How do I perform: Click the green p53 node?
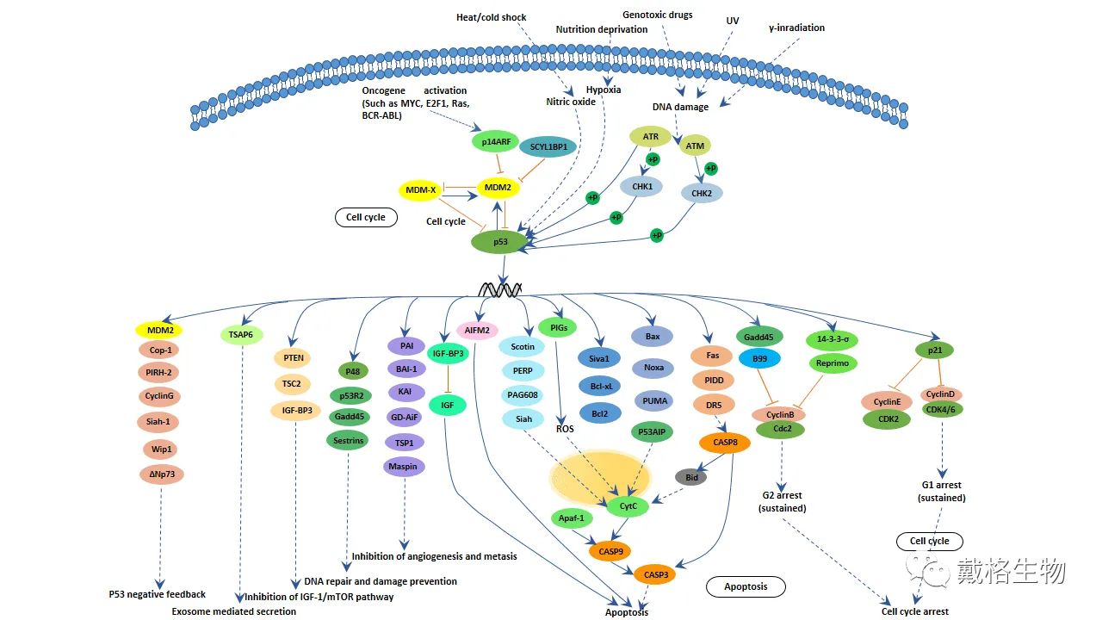pyautogui.click(x=500, y=242)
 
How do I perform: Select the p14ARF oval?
pyautogui.click(x=498, y=142)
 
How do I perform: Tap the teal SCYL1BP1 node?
pyautogui.click(x=548, y=146)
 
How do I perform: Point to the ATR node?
pyautogui.click(x=650, y=136)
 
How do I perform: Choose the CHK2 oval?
pyautogui.click(x=702, y=193)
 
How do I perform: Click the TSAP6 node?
pyautogui.click(x=241, y=335)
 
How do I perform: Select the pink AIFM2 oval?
pyautogui.click(x=477, y=330)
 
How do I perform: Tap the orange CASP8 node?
pyautogui.click(x=725, y=443)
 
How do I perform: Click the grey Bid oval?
pyautogui.click(x=690, y=476)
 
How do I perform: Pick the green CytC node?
pyautogui.click(x=628, y=505)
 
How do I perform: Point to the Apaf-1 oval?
pyautogui.click(x=572, y=518)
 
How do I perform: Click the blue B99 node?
pyautogui.click(x=759, y=358)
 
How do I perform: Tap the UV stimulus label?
pyautogui.click(x=732, y=20)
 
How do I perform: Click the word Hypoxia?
pyautogui.click(x=603, y=90)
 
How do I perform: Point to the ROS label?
pyautogui.click(x=565, y=428)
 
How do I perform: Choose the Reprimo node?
pyautogui.click(x=833, y=363)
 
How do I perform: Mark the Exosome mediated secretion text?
pyautogui.click(x=233, y=611)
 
